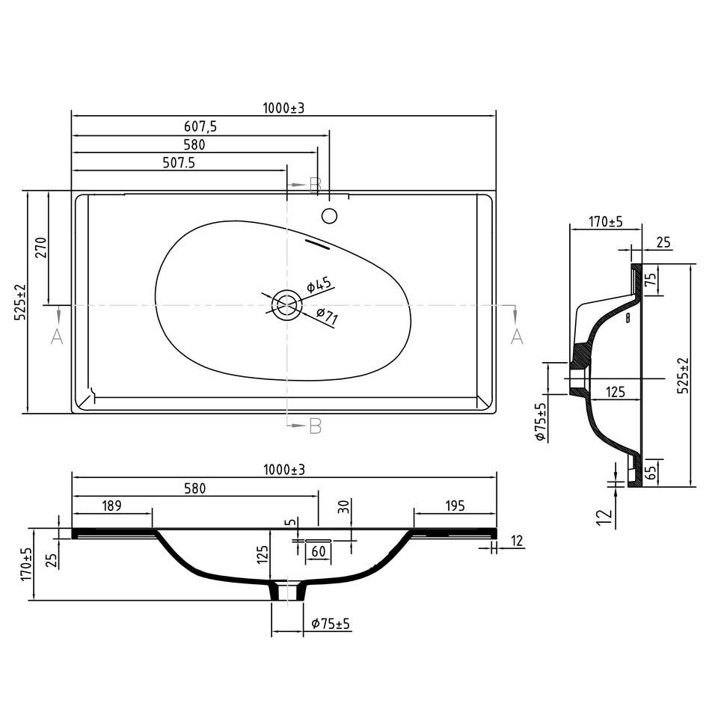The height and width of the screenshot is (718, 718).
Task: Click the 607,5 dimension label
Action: coord(200,126)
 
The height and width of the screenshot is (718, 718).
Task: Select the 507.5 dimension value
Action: coord(179,162)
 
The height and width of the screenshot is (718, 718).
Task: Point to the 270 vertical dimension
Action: coord(41,248)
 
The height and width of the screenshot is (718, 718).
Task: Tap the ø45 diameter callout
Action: coord(319,284)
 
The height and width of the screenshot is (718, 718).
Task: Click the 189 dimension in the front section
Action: coord(111,506)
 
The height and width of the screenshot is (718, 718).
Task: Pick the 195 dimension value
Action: coord(455,506)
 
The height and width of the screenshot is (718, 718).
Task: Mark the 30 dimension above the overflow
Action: coord(344,506)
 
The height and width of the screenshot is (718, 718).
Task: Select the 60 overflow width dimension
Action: coord(319,551)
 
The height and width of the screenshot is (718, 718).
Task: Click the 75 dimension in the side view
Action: coord(651,279)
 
